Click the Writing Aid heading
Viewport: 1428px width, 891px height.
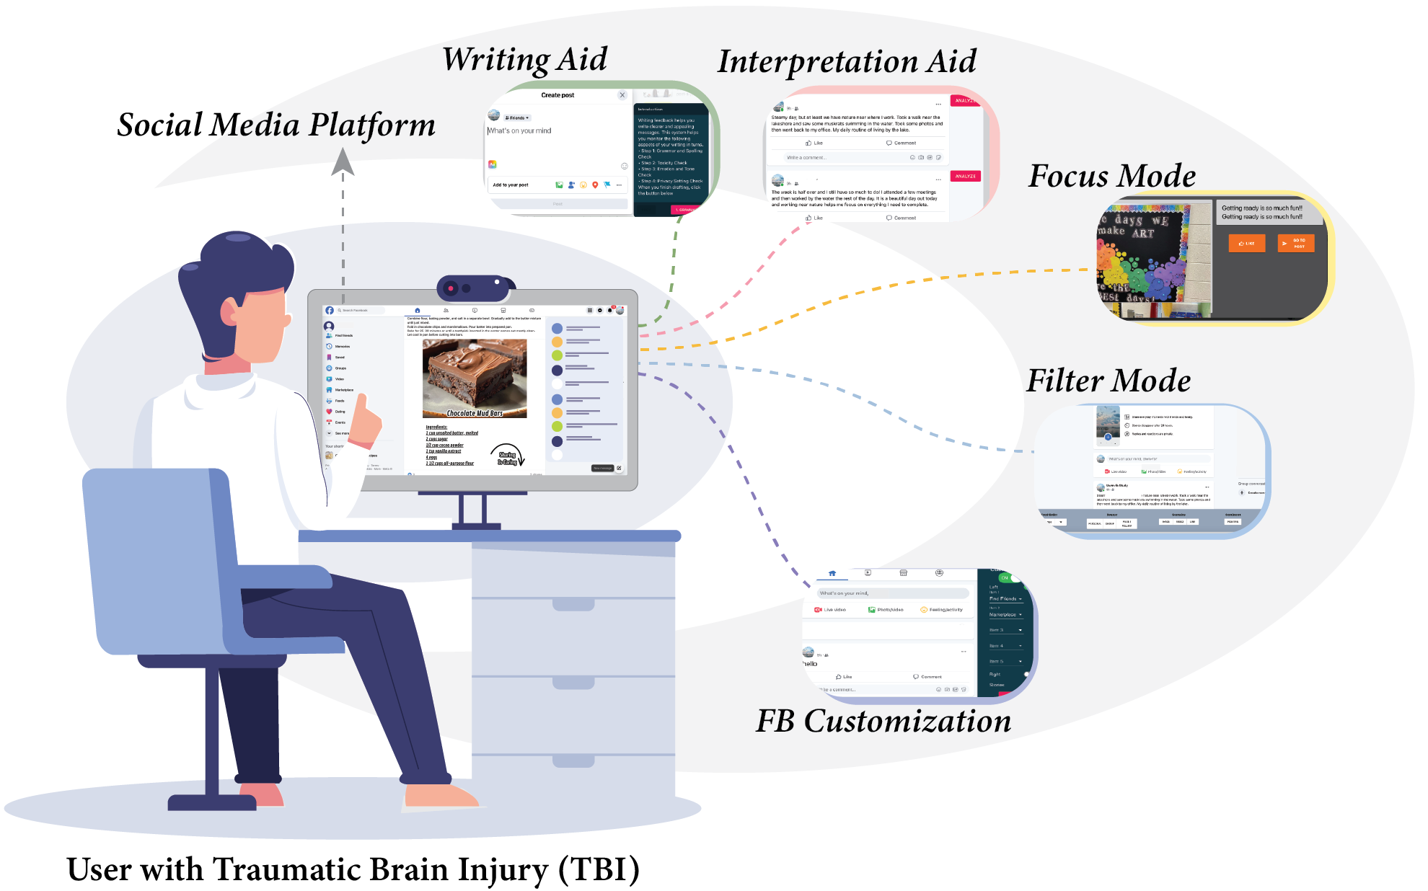coord(524,59)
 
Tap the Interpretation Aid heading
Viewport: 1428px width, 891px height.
coord(847,62)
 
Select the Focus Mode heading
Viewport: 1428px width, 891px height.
coord(1111,176)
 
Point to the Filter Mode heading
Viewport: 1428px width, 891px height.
coord(1109,381)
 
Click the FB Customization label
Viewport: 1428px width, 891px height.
coord(883,721)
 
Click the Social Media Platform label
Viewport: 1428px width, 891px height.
coord(276,125)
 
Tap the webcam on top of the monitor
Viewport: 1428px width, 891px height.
coord(472,288)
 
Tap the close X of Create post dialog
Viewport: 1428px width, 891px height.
coord(622,95)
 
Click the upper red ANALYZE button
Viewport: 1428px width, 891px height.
coord(964,101)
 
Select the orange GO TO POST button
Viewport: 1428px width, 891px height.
coord(1296,244)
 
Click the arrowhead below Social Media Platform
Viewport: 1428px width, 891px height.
coord(343,161)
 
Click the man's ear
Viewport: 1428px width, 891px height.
coord(230,312)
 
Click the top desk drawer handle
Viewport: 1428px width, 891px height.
coord(573,604)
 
